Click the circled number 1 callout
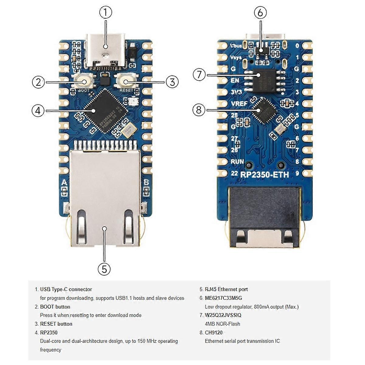pyautogui.click(x=106, y=12)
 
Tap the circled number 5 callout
pyautogui.click(x=104, y=269)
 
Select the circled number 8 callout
pyautogui.click(x=199, y=109)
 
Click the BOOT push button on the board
pyautogui.click(x=83, y=82)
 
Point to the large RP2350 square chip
pyautogui.click(x=104, y=111)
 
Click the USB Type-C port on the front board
pyautogui.click(x=105, y=52)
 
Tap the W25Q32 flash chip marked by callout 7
pyautogui.click(x=265, y=80)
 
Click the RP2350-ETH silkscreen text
pyautogui.click(x=264, y=175)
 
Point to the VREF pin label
pyautogui.click(x=239, y=104)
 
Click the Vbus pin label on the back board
pyautogui.click(x=236, y=46)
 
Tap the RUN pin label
pyautogui.click(x=237, y=162)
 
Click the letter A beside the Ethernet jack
pyautogui.click(x=64, y=183)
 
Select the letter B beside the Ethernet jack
pyautogui.click(x=146, y=183)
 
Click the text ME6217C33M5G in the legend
pyautogui.click(x=223, y=298)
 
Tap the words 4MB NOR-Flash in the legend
pyautogui.click(x=222, y=324)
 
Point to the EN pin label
pyautogui.click(x=235, y=81)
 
